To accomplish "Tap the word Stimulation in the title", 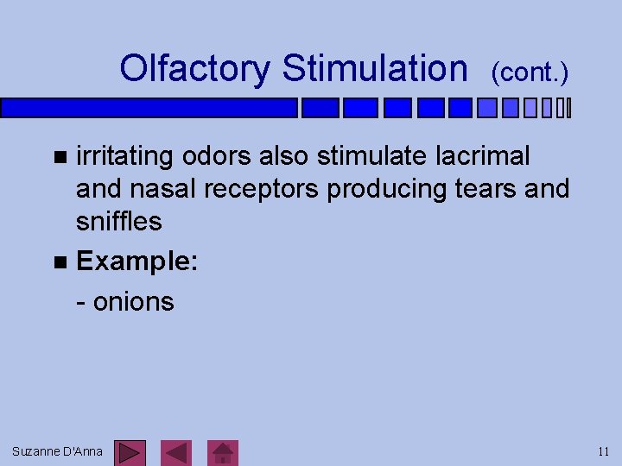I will (x=374, y=68).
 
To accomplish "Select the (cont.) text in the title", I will (x=530, y=73).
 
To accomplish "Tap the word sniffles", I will (x=118, y=221).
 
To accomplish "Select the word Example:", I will (x=136, y=261).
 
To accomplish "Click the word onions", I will (x=133, y=302).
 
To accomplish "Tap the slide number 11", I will (x=603, y=451).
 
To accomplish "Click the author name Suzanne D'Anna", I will (x=57, y=451).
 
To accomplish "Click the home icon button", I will (x=225, y=452).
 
